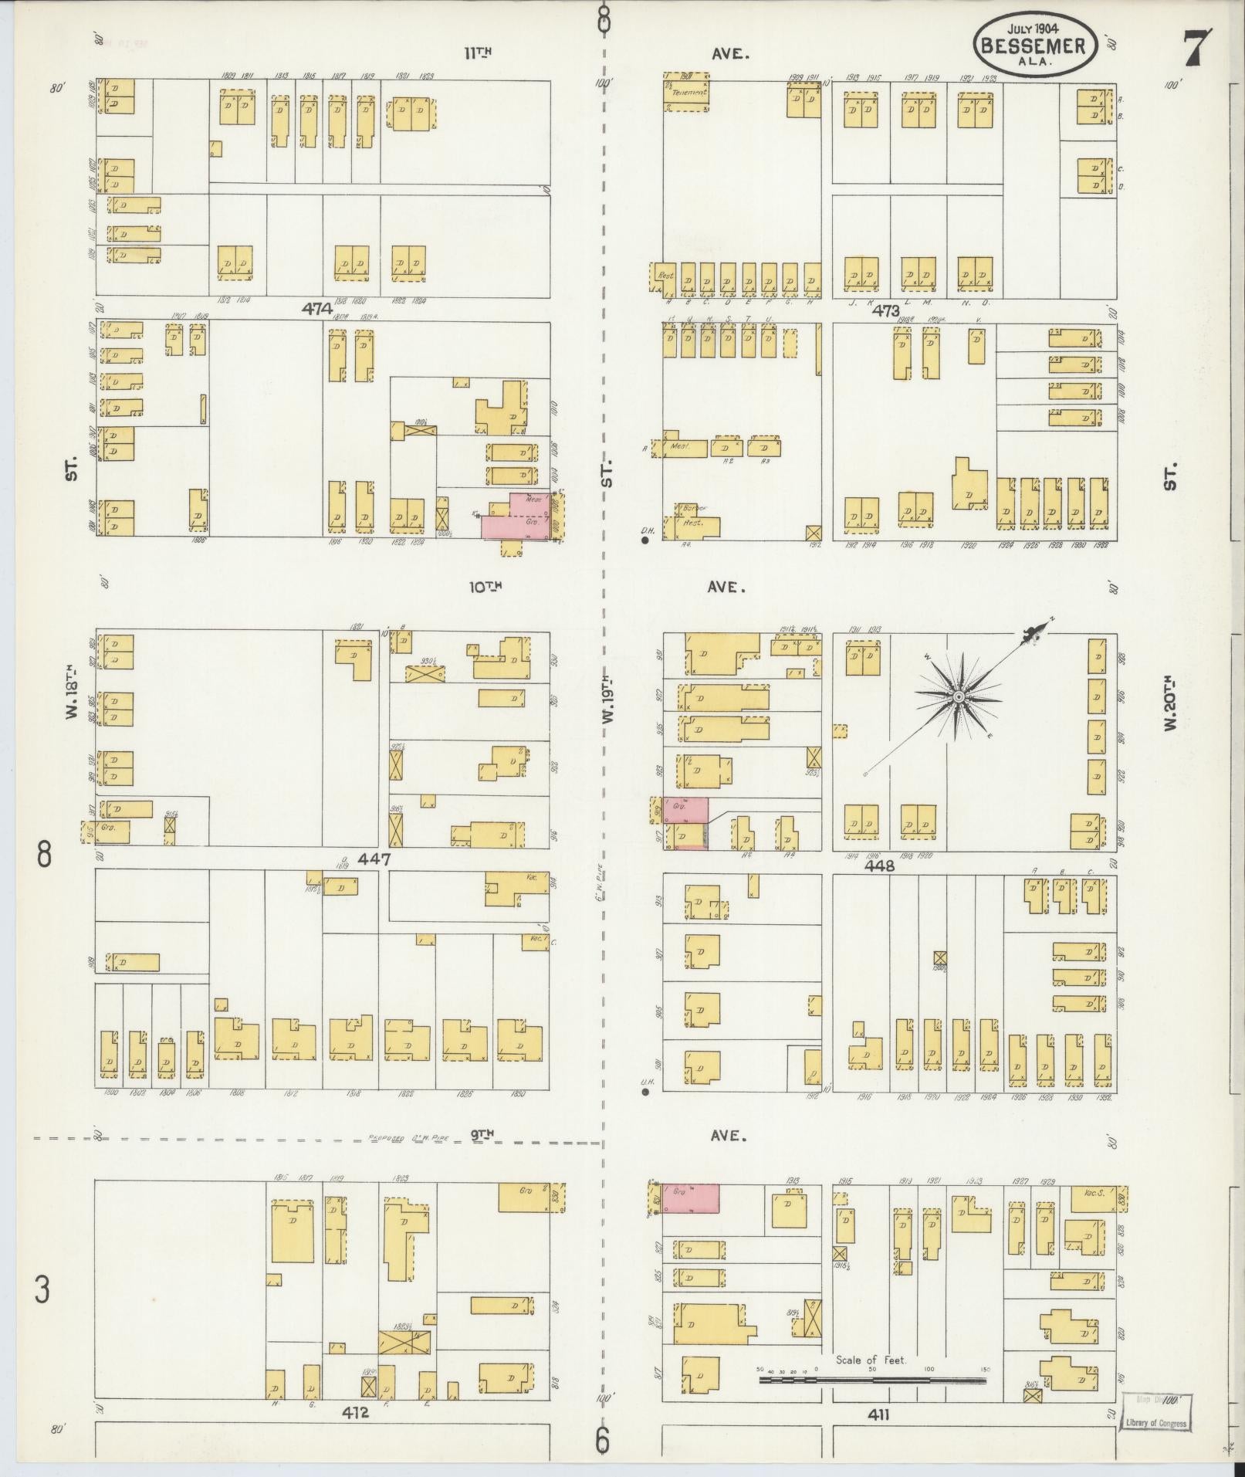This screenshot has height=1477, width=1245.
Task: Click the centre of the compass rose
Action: (x=958, y=696)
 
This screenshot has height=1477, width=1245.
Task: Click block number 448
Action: (x=879, y=866)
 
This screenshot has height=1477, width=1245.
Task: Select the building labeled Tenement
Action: (x=688, y=92)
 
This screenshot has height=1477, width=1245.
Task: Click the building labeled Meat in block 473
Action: (x=679, y=446)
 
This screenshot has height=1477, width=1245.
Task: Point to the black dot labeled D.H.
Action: (x=645, y=540)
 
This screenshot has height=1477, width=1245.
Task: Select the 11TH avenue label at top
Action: (x=478, y=53)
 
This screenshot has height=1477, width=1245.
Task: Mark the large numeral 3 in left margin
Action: (x=43, y=1289)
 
